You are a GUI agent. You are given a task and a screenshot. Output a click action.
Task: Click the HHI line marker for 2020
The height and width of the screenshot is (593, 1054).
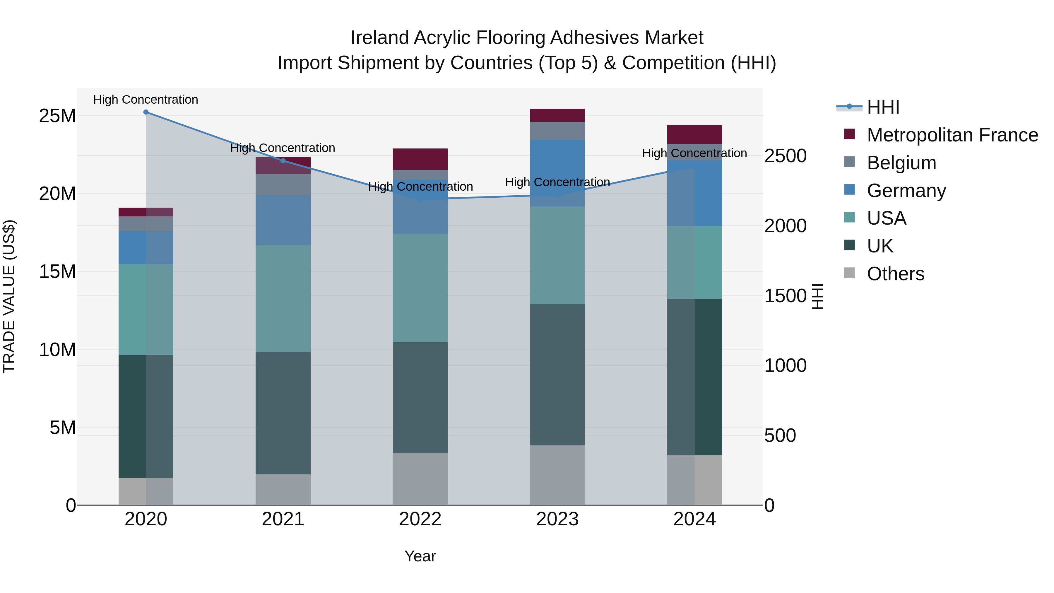pyautogui.click(x=146, y=112)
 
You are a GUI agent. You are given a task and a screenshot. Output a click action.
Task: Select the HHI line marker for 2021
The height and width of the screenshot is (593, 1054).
pyautogui.click(x=283, y=161)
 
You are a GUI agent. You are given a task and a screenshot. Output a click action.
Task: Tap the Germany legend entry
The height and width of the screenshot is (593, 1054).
pyautogui.click(x=906, y=191)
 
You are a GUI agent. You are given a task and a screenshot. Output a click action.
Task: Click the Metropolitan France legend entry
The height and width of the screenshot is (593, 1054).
pyautogui.click(x=952, y=135)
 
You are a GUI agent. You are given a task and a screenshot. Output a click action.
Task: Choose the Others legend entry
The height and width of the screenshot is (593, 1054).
pyautogui.click(x=895, y=274)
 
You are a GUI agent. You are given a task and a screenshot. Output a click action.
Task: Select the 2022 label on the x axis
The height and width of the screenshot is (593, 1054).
pyautogui.click(x=420, y=519)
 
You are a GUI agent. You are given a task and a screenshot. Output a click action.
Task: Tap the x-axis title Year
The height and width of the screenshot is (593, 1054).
pyautogui.click(x=420, y=556)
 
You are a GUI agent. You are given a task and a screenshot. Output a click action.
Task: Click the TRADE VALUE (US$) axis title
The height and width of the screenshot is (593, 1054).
pyautogui.click(x=9, y=296)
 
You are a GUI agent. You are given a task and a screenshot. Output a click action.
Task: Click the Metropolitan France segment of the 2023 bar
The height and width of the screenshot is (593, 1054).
pyautogui.click(x=557, y=115)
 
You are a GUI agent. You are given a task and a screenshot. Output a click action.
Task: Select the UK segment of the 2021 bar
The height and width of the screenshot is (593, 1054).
pyautogui.click(x=283, y=413)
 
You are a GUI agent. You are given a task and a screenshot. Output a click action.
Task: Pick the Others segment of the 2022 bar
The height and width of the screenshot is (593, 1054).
pyautogui.click(x=420, y=478)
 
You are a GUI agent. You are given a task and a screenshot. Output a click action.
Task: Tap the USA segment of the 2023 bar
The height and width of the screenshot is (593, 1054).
pyautogui.click(x=557, y=255)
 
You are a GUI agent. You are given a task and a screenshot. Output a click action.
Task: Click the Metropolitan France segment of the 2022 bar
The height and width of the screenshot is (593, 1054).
pyautogui.click(x=420, y=159)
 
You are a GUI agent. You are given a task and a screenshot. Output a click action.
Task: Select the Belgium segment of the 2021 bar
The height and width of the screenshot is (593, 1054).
pyautogui.click(x=283, y=184)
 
